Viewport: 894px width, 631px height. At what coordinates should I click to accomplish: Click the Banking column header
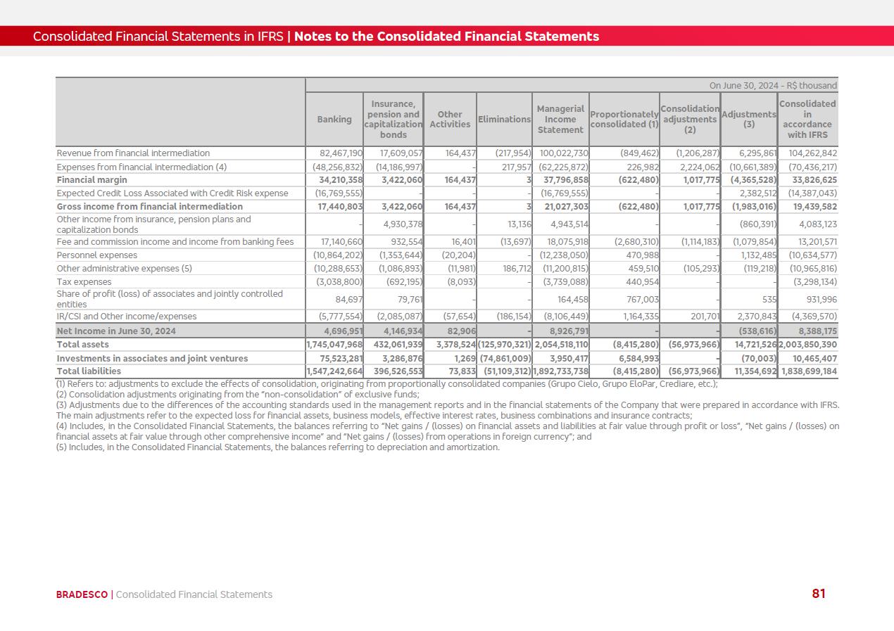click(334, 120)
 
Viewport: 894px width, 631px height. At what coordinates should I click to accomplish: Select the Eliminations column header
click(504, 120)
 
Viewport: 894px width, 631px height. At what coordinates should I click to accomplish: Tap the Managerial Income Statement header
click(560, 120)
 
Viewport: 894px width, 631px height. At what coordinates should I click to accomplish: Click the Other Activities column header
click(450, 120)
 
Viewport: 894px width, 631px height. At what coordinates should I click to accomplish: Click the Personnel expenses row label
click(97, 255)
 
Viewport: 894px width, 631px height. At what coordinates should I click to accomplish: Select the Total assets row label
click(83, 345)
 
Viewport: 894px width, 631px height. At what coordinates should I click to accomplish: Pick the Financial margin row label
click(92, 180)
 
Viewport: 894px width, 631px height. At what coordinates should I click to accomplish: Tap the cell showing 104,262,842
click(808, 153)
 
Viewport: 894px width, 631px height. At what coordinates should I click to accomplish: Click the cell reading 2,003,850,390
click(808, 345)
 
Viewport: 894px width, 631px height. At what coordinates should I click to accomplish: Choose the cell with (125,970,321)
click(504, 345)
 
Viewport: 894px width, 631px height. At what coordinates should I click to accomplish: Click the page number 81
click(819, 594)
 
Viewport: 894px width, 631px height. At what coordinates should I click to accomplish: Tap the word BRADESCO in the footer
click(82, 594)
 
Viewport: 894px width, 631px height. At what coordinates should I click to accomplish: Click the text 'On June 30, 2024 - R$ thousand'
click(773, 86)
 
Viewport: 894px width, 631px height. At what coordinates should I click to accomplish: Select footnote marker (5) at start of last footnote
click(62, 447)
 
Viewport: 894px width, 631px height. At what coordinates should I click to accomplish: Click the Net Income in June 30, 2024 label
click(116, 331)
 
